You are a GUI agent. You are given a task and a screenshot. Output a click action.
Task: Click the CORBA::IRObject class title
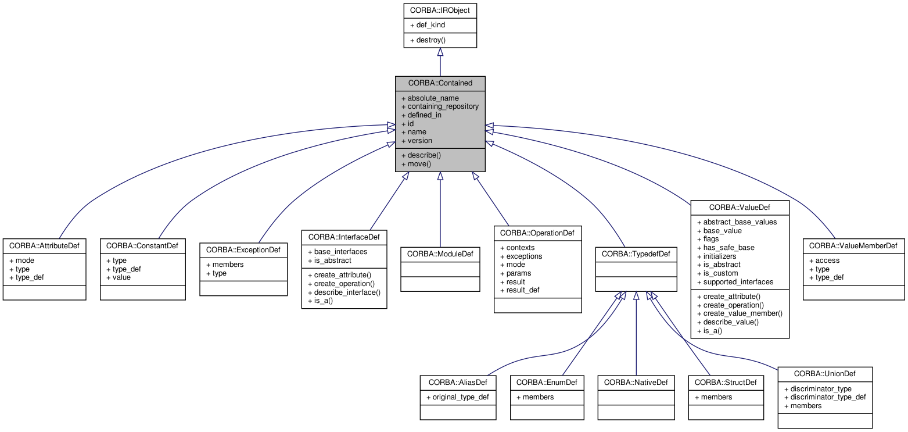440,10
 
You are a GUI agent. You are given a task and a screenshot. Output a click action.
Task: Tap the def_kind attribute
430,26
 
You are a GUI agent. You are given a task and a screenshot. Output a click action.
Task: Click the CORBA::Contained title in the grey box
440,83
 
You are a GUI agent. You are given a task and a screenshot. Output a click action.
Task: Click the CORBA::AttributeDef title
44,246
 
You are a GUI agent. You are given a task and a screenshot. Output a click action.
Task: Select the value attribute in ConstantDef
121,277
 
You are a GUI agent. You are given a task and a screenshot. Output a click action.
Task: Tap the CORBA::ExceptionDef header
243,250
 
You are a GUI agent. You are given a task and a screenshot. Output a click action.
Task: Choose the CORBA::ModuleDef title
440,254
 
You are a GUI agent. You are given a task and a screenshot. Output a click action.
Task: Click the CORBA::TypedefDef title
636,254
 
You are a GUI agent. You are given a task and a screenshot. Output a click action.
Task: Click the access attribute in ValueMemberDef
827,260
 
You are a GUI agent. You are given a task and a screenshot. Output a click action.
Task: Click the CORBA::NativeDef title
636,383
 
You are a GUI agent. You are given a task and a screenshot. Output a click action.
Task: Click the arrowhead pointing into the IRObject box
440,52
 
